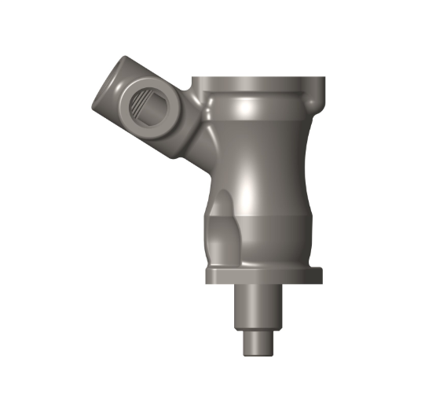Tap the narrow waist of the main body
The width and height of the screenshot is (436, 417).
(259, 157)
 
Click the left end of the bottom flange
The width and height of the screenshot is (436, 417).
(208, 275)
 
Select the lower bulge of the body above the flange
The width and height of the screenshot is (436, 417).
(267, 236)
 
